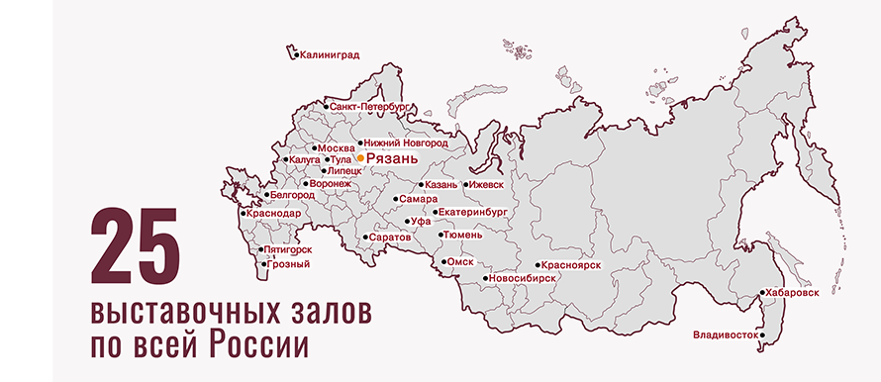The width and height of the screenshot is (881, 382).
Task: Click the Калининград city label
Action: tap(330, 55)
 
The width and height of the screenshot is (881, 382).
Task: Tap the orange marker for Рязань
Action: tap(361, 157)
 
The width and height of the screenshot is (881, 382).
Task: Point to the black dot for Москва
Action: tap(315, 148)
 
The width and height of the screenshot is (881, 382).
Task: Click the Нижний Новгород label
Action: tap(406, 143)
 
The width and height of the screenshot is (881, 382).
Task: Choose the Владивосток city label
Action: tap(726, 334)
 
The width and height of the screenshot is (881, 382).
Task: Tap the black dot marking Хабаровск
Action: tap(761, 294)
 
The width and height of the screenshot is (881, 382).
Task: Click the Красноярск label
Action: tap(572, 266)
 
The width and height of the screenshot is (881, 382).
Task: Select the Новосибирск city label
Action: tap(522, 279)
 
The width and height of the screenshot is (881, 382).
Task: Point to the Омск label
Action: tap(461, 262)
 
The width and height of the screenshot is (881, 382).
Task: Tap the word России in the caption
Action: tap(259, 346)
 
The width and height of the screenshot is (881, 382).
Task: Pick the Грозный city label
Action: tap(289, 264)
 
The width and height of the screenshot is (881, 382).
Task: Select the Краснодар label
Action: tap(275, 213)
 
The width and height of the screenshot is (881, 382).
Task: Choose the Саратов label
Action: tap(391, 239)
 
